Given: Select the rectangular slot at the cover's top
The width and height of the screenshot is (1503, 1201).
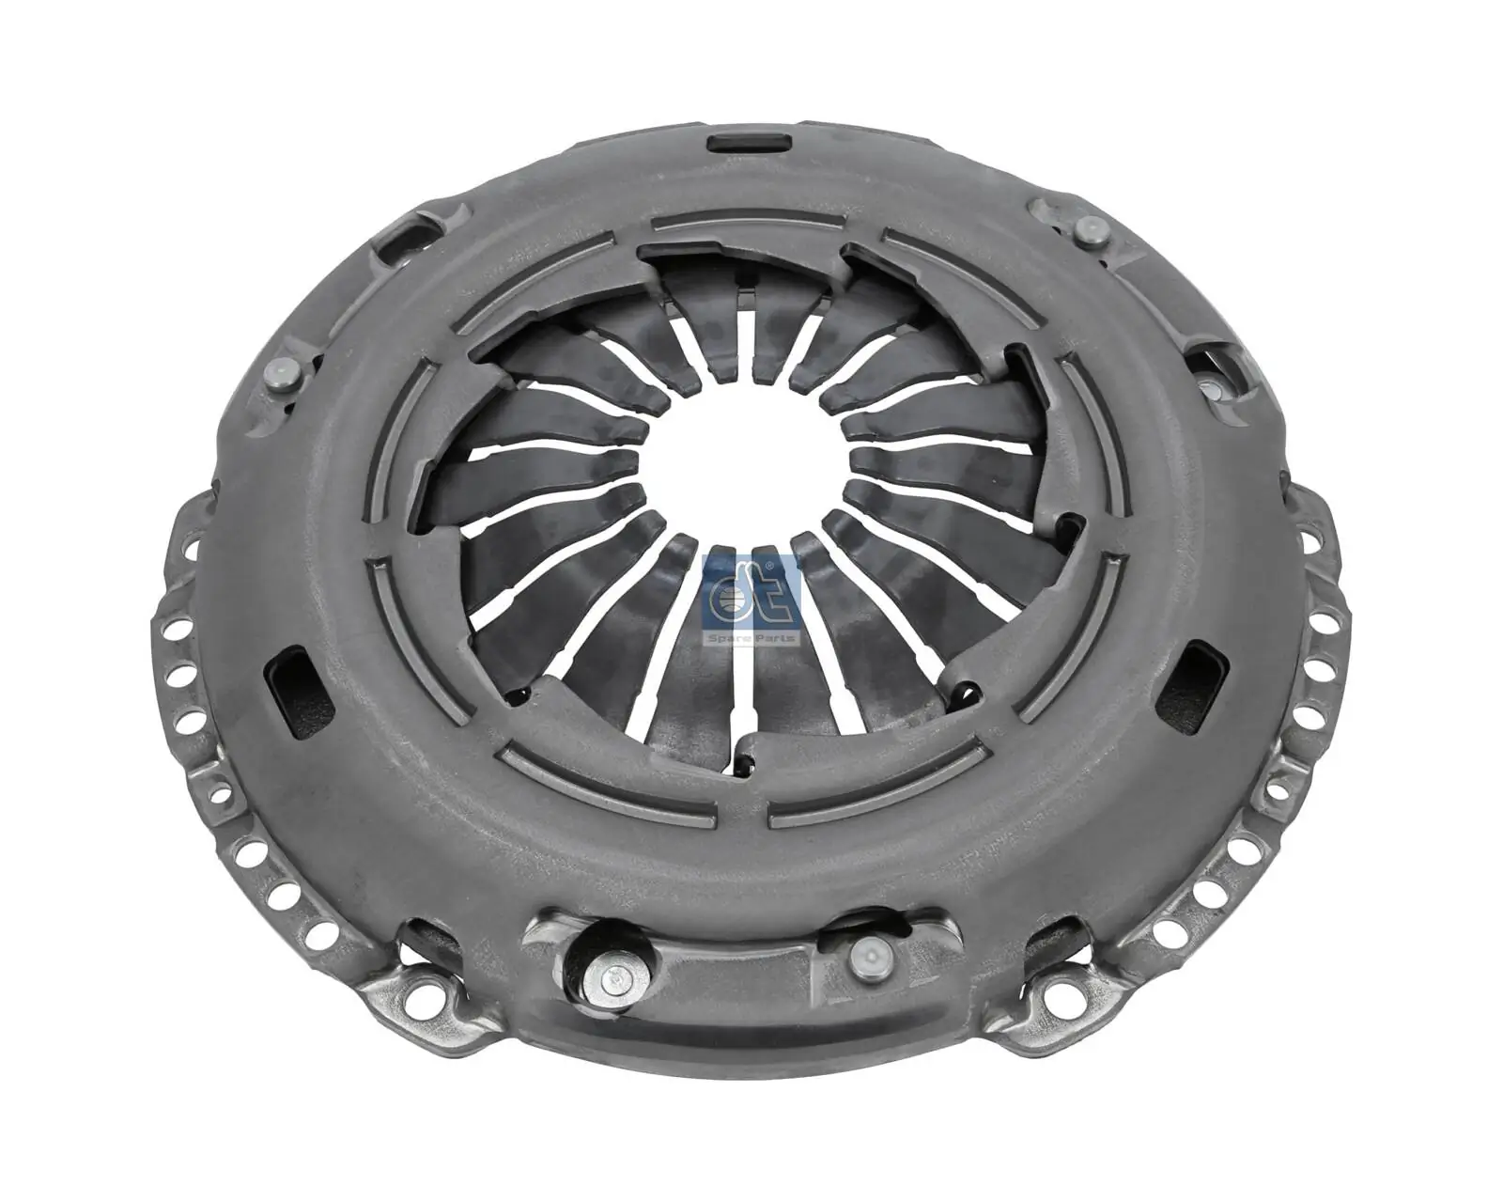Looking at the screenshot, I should point(749,143).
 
